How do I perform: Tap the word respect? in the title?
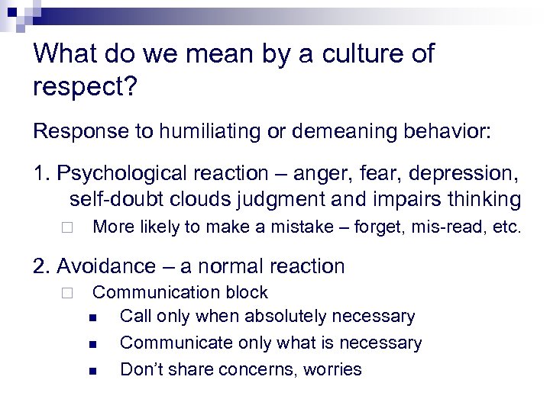[x=85, y=86]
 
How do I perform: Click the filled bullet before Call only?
[x=92, y=317]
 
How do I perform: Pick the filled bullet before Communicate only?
[x=92, y=344]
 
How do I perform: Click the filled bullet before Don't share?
[x=92, y=372]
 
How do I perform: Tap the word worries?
[x=332, y=370]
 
